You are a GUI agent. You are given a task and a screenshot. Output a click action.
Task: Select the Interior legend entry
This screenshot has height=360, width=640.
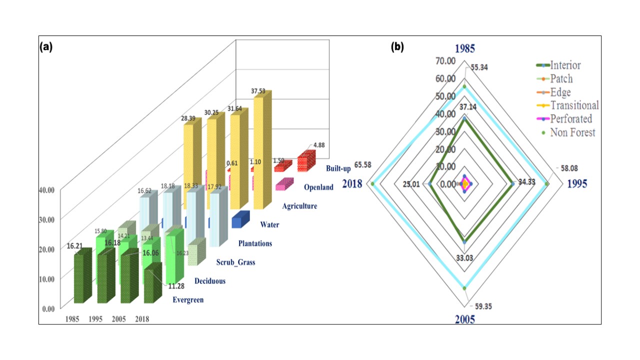pyautogui.click(x=565, y=65)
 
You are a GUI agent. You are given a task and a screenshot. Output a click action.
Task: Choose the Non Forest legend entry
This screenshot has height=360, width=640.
pyautogui.click(x=572, y=132)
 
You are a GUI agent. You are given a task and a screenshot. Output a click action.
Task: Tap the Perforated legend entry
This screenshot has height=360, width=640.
pyautogui.click(x=571, y=119)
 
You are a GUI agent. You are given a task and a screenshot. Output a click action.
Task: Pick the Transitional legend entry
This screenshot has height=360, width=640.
pyautogui.click(x=574, y=105)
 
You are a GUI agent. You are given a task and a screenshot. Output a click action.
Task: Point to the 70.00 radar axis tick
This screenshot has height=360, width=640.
pyautogui.click(x=445, y=61)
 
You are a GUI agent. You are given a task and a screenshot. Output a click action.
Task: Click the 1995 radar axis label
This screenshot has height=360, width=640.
pyautogui.click(x=577, y=184)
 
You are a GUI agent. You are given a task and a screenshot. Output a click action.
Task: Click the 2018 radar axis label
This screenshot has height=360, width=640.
pyautogui.click(x=352, y=183)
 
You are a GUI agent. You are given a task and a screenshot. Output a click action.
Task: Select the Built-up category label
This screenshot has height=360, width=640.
pyautogui.click(x=338, y=168)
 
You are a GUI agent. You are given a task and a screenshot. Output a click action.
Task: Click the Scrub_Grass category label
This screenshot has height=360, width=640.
pyautogui.click(x=235, y=262)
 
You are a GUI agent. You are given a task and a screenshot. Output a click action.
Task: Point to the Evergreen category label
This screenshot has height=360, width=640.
pyautogui.click(x=188, y=300)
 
